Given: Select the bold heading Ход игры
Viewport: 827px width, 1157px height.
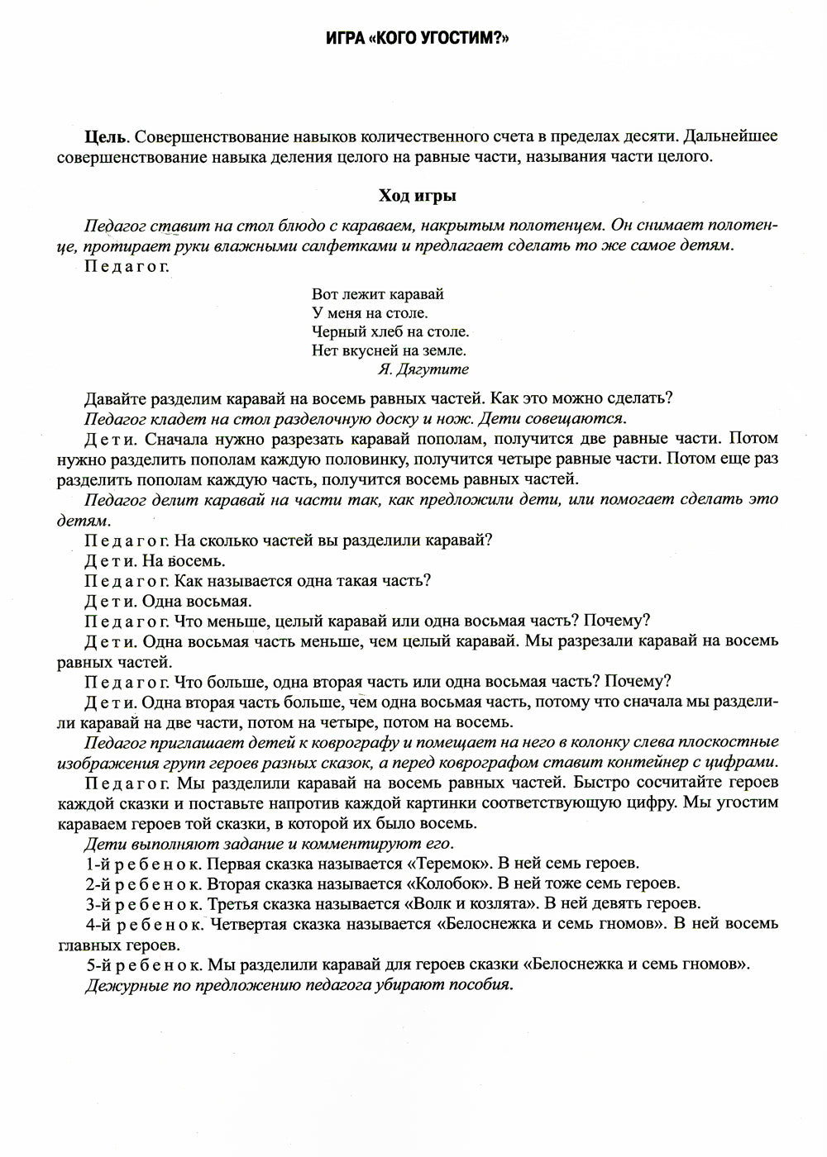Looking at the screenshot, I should click(x=418, y=196).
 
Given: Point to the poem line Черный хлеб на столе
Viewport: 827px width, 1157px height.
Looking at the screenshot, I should click(x=390, y=331).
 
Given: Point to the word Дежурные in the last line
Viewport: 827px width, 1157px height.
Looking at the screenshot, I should click(x=121, y=984).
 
